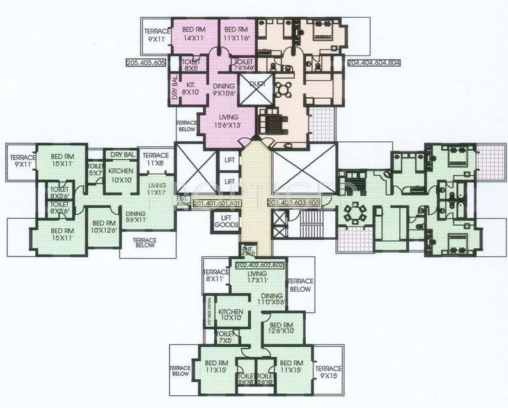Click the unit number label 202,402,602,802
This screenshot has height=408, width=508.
(260, 264)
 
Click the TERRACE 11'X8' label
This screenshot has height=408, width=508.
(155, 159)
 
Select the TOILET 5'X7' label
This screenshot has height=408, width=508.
(95, 169)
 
